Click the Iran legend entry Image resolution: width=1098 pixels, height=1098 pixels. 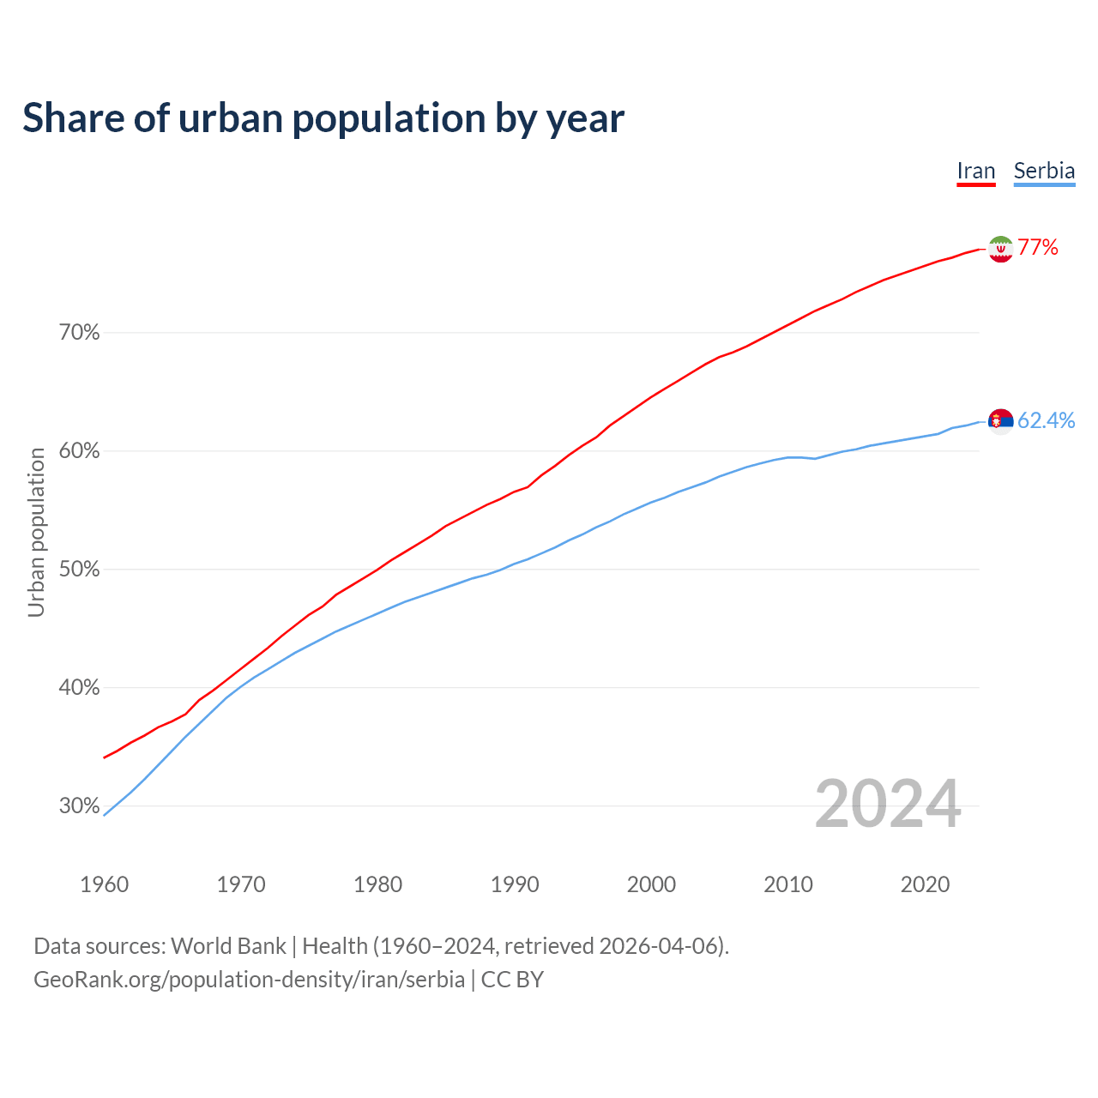[976, 171]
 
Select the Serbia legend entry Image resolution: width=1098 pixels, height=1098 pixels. [1044, 171]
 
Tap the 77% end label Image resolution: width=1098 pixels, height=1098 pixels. [1038, 248]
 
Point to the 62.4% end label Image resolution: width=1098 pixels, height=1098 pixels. [1046, 420]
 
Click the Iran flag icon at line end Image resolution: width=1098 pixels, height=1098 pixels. [1000, 249]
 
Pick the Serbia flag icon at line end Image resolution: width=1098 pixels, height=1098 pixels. [1000, 420]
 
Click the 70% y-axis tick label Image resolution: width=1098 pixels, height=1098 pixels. [80, 333]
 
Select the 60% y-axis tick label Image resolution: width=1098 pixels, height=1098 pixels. [80, 451]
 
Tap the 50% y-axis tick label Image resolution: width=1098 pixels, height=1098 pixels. [80, 570]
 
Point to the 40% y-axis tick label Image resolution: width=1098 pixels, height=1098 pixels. [80, 688]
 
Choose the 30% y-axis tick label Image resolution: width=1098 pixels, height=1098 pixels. [80, 806]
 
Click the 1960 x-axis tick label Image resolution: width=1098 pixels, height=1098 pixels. [104, 884]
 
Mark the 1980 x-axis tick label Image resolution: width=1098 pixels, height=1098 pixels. [377, 884]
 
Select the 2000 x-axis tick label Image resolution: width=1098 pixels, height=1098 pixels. [651, 884]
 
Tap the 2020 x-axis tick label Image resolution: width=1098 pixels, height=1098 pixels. [925, 884]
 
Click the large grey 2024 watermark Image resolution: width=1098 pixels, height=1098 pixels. [888, 804]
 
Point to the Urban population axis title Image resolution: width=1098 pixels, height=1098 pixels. [36, 532]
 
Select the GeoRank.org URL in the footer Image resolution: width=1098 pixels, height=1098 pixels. [249, 980]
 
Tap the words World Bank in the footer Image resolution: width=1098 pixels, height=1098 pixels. [228, 946]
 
